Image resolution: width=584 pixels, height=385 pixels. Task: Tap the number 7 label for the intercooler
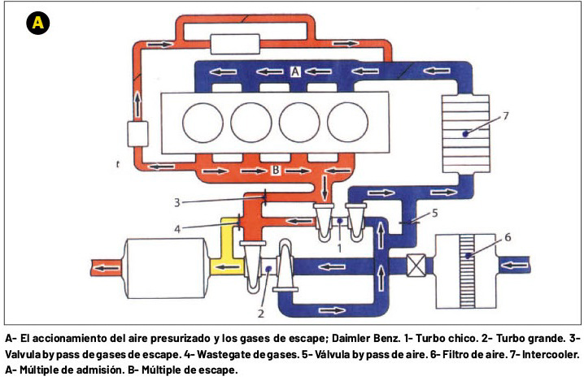pos(505,116)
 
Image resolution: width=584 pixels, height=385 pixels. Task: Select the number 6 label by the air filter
pos(508,237)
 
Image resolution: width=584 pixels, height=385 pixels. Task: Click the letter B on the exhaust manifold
pos(277,171)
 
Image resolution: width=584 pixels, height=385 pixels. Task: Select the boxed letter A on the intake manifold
pos(296,72)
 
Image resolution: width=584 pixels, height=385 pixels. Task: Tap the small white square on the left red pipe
pos(136,133)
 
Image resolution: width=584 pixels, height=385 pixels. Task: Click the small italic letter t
pos(119,164)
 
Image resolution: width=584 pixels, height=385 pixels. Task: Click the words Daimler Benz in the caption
pos(359,337)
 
